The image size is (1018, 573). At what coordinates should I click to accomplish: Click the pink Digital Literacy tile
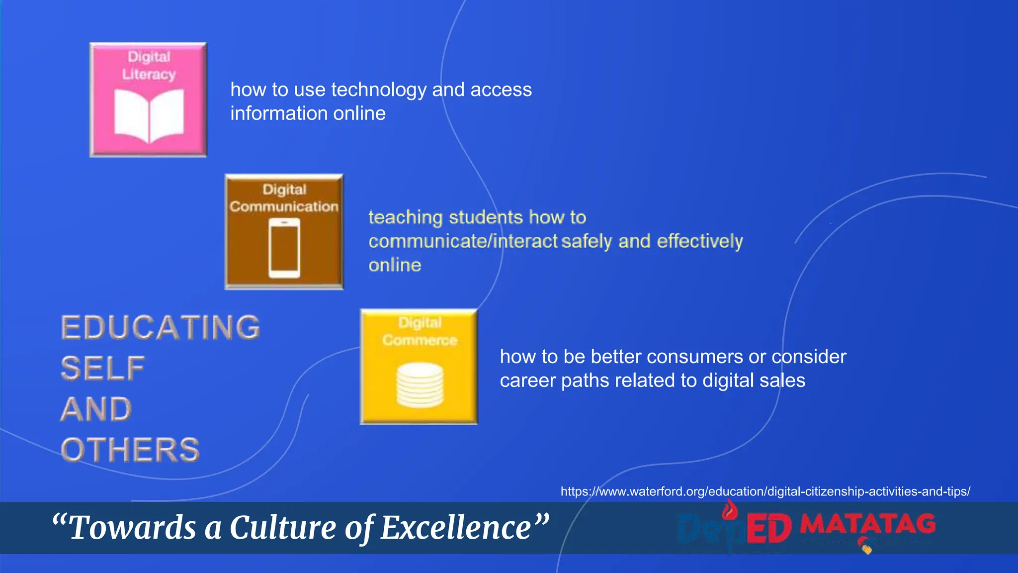148,99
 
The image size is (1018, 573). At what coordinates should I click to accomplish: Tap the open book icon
149,116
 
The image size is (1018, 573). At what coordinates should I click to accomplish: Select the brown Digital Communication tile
284,231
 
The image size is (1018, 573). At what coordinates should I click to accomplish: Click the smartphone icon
284,248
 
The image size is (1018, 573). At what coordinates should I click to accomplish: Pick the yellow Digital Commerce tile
419,367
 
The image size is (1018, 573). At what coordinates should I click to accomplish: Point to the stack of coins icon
420,384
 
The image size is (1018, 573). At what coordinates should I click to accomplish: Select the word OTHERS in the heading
130,450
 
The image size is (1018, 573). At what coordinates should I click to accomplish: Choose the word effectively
700,241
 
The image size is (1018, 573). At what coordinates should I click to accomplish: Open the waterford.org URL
765,491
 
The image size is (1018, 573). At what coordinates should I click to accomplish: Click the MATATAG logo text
868,524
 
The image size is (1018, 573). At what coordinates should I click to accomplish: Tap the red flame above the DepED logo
729,510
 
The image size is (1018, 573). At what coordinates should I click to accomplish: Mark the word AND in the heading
96,409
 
